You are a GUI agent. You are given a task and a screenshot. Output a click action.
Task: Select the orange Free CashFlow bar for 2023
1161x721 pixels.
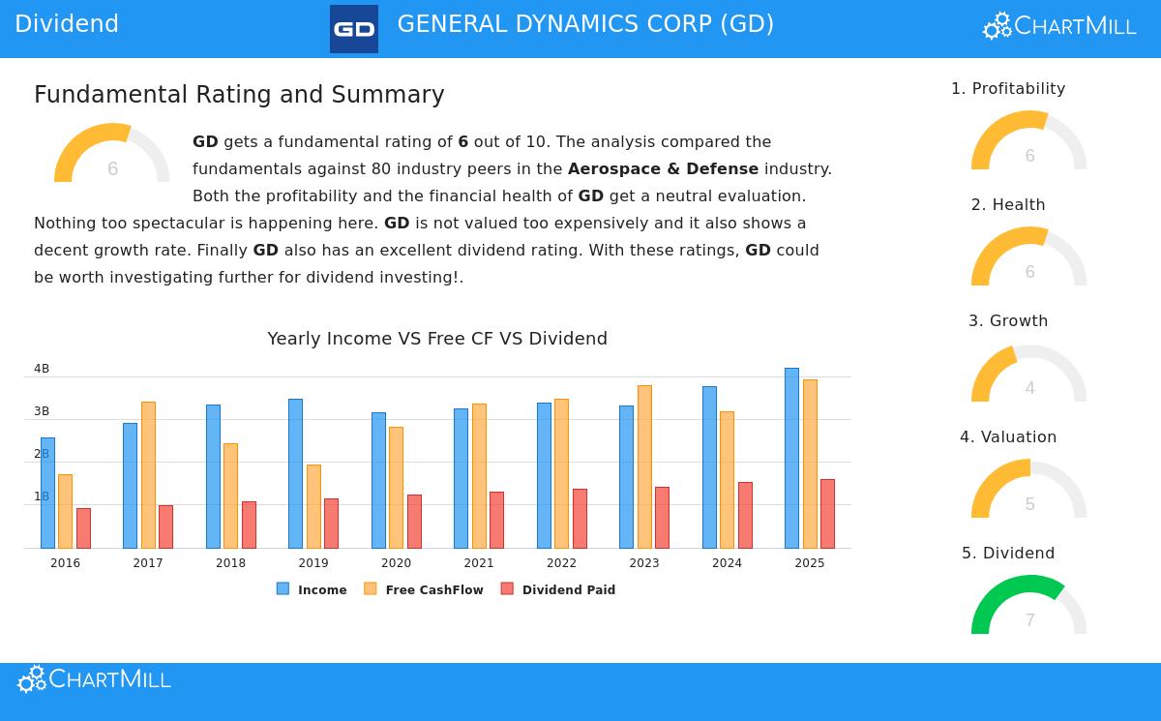[x=644, y=466]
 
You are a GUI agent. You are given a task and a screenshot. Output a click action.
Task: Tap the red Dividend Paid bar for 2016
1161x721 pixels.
[x=83, y=528]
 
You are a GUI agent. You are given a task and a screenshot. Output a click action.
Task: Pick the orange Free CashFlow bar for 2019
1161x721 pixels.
[x=313, y=506]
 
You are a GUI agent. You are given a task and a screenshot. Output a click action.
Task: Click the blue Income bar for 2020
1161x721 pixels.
[x=378, y=480]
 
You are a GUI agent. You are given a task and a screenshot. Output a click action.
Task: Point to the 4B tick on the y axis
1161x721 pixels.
[x=42, y=369]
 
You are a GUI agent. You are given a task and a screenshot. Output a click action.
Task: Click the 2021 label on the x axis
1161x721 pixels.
[x=478, y=563]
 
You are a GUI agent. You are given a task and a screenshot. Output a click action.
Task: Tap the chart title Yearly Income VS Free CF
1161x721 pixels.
[x=437, y=339]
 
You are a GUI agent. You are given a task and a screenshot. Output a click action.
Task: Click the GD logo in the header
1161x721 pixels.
[x=354, y=29]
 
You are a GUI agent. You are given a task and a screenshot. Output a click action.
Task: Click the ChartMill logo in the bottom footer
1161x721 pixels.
[x=94, y=679]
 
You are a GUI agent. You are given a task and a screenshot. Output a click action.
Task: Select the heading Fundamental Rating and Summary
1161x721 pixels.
[x=239, y=95]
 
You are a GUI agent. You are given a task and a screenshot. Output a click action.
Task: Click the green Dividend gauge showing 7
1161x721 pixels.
[x=1028, y=605]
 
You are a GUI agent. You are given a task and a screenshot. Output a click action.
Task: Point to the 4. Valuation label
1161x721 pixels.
[x=1008, y=437]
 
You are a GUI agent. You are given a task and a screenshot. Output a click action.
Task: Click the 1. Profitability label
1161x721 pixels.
[x=1008, y=89]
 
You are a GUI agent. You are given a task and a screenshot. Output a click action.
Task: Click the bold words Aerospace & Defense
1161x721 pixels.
[x=663, y=169]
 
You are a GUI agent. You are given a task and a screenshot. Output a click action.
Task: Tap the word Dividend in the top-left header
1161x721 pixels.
[x=67, y=24]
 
